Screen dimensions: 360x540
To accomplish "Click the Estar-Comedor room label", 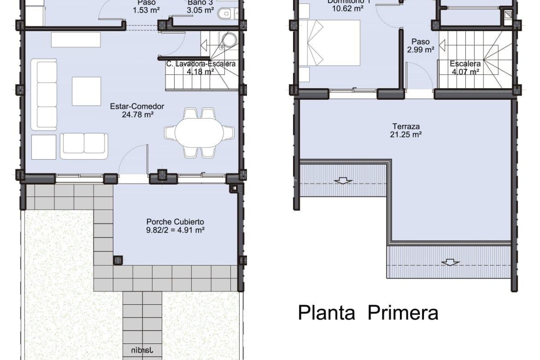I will tap(137, 106).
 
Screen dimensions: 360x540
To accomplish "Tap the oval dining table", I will tap(199, 132).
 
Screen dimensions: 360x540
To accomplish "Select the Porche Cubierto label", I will tap(175, 222).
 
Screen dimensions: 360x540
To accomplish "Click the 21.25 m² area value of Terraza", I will tap(406, 135).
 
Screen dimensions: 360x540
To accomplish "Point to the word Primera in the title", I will tap(403, 313).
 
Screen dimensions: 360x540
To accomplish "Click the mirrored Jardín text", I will tap(142, 350).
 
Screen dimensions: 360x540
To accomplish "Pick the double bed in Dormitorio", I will tap(334, 43).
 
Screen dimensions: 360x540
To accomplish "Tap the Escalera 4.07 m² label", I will tap(465, 67).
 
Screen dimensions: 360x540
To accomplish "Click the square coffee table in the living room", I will tap(86, 91).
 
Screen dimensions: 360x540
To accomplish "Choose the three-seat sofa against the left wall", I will tap(44, 94).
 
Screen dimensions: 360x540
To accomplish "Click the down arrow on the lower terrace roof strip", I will tap(450, 262).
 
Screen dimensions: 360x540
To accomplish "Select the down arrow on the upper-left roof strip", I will tap(343, 180).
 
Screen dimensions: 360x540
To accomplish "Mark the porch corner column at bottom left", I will tap(118, 260).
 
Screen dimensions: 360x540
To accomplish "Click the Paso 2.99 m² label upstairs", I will tap(420, 46).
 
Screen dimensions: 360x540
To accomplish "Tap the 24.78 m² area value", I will tap(138, 115).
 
